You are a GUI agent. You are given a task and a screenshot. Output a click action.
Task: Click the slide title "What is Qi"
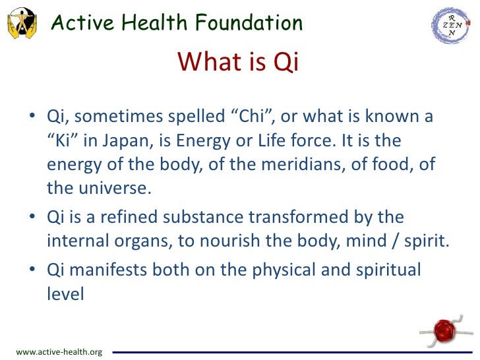pyautogui.click(x=239, y=62)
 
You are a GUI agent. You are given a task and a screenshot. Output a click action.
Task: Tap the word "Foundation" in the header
pyautogui.click(x=245, y=22)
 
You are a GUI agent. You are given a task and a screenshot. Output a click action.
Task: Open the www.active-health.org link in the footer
pyautogui.click(x=59, y=352)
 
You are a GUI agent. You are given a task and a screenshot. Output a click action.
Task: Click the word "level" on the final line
pyautogui.click(x=65, y=293)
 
